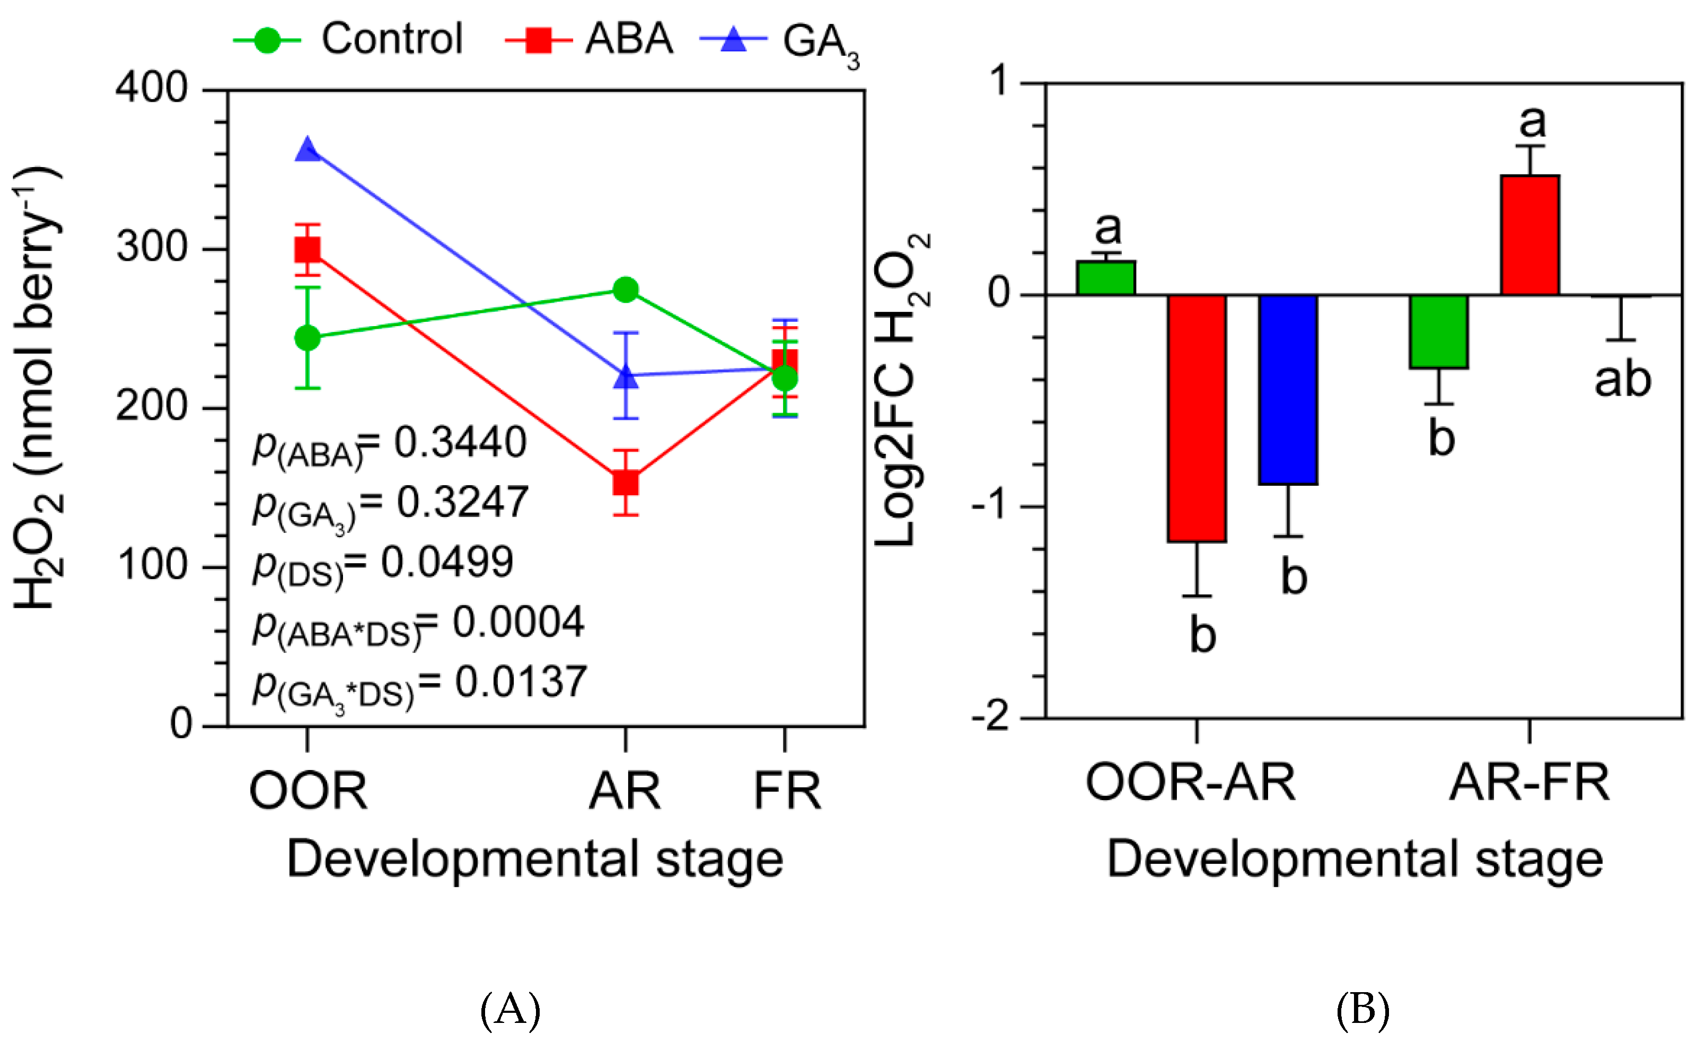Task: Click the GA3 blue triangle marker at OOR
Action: point(307,150)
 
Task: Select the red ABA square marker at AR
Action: point(626,483)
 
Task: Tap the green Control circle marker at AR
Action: point(626,290)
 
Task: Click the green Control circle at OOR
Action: point(307,338)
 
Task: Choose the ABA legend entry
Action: point(589,39)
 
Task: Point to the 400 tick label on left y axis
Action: point(152,88)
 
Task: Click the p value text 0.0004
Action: point(518,623)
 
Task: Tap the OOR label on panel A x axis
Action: point(308,791)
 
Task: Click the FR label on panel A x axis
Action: point(787,791)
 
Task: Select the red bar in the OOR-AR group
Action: point(1197,418)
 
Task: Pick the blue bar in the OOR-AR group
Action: point(1288,389)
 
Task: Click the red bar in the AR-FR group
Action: point(1529,235)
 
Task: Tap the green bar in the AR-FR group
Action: point(1439,331)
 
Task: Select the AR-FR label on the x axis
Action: point(1529,783)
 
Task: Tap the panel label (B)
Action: point(1362,1009)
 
